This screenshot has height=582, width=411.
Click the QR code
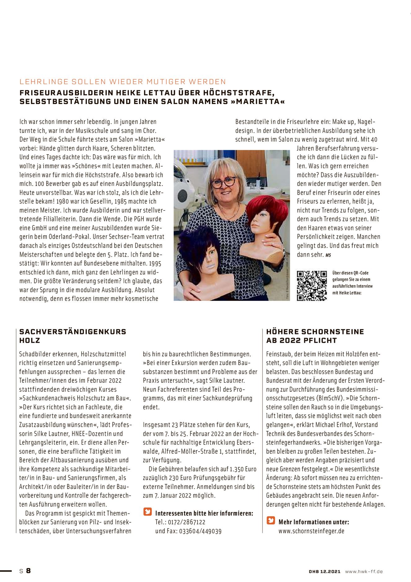click(x=312, y=286)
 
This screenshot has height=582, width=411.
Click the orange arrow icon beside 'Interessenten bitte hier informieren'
click(x=148, y=512)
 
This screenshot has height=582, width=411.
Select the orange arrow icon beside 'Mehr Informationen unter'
click(x=271, y=521)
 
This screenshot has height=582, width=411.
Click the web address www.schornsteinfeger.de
click(x=311, y=531)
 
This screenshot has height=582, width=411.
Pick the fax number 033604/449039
click(x=200, y=531)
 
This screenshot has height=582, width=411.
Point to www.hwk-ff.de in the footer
click(x=364, y=571)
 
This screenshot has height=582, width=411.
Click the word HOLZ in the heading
click(x=30, y=341)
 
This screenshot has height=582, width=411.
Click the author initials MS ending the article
click(x=328, y=255)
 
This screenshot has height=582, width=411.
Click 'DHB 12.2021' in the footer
click(x=325, y=571)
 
